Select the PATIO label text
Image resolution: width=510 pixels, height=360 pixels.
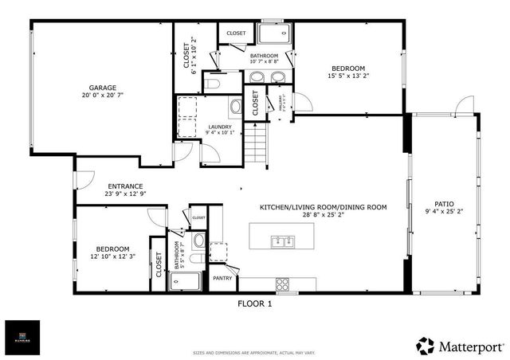coord(444,204)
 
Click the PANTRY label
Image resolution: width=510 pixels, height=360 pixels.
coord(222,278)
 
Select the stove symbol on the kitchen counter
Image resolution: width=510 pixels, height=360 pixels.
coord(283,284)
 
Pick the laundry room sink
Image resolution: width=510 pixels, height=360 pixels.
coord(237,108)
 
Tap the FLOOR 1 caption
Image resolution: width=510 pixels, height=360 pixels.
coord(255,303)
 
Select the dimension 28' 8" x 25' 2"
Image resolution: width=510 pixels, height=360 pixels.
coord(323,214)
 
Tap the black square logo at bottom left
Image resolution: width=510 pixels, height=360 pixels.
coord(22,337)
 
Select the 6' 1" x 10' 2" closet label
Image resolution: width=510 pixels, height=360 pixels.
coord(190,56)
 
